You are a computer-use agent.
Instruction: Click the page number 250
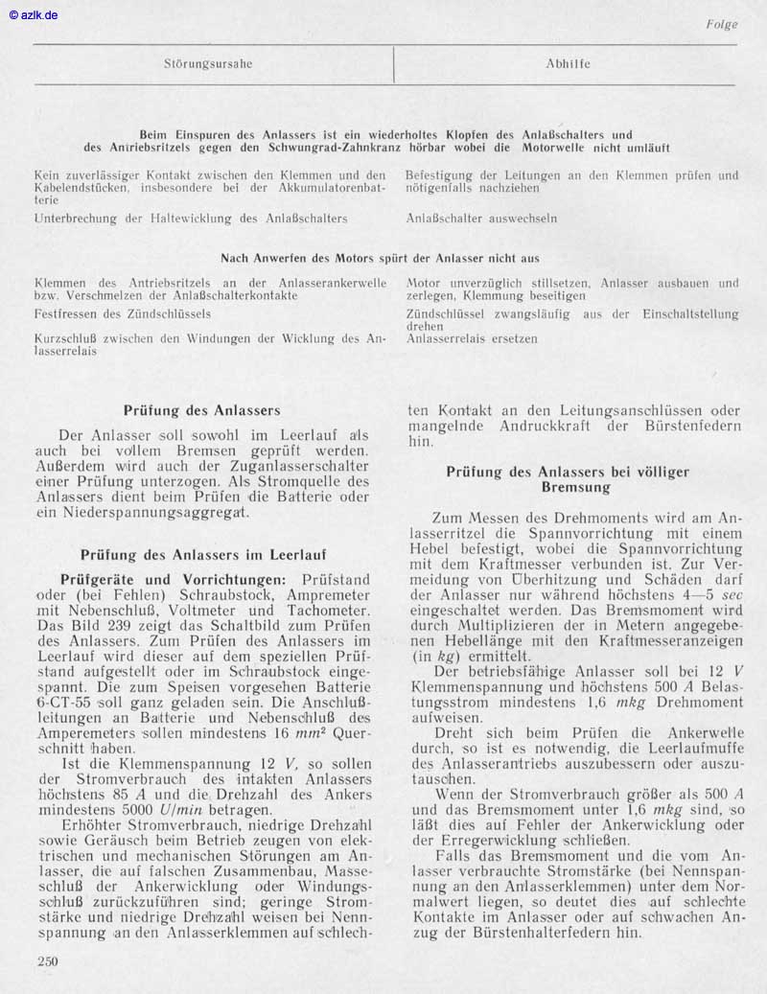pyautogui.click(x=46, y=961)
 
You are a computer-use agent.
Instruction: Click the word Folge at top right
pyautogui.click(x=721, y=24)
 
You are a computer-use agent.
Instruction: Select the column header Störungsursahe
pyautogui.click(x=208, y=64)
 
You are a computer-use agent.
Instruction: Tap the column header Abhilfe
pyautogui.click(x=568, y=64)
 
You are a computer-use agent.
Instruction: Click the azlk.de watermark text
pyautogui.click(x=34, y=15)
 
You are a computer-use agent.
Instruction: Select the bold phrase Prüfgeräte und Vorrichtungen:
pyautogui.click(x=173, y=580)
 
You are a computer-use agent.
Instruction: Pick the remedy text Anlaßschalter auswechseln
pyautogui.click(x=481, y=219)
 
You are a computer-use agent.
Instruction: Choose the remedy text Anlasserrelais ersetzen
pyautogui.click(x=472, y=338)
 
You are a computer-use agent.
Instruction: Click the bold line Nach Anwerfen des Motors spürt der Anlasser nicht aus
pyautogui.click(x=380, y=258)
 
